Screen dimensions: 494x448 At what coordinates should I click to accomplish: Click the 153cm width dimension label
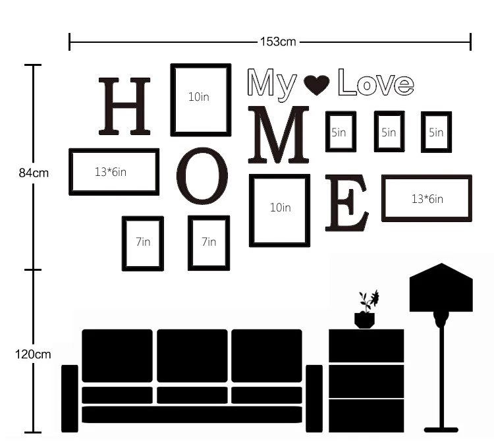[278, 42]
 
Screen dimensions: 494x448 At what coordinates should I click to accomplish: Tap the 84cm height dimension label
[34, 173]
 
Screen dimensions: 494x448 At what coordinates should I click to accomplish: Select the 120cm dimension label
[33, 354]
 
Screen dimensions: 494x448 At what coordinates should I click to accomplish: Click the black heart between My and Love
[317, 84]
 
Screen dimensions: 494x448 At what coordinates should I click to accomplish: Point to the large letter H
[124, 106]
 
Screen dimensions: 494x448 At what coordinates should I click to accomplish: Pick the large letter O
[202, 176]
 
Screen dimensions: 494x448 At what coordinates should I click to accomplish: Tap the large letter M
[278, 134]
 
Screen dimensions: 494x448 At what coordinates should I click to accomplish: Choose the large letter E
[346, 203]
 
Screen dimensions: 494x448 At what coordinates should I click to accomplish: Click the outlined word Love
[376, 82]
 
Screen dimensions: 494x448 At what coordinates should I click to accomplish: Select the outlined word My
[272, 84]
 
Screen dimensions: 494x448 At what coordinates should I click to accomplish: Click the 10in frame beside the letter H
[173, 100]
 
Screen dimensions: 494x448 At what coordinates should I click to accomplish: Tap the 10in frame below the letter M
[252, 210]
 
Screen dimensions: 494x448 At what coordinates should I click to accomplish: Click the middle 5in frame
[376, 131]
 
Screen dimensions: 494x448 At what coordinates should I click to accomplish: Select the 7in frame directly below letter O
[190, 243]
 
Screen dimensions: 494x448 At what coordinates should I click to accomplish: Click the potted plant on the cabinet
[366, 310]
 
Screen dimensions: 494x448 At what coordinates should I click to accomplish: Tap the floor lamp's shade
[441, 288]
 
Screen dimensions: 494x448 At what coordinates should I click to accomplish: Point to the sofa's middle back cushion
[192, 356]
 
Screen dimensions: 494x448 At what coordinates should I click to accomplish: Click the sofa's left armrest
[70, 399]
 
